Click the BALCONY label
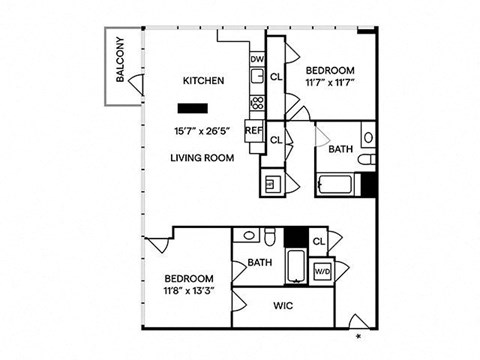click(x=120, y=59)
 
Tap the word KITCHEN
click(x=203, y=81)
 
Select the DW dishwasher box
click(x=257, y=59)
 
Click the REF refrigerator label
click(x=254, y=131)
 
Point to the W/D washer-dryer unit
click(x=322, y=271)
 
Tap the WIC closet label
click(x=283, y=306)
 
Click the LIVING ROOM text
click(x=202, y=158)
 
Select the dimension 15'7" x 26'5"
click(x=203, y=131)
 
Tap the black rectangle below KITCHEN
click(x=193, y=108)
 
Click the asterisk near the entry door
click(x=359, y=336)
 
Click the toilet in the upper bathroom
click(x=367, y=160)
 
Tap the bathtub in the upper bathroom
click(x=335, y=184)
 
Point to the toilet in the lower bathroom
click(x=269, y=237)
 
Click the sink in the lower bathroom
click(x=249, y=235)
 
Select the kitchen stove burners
click(x=257, y=103)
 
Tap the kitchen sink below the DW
click(x=257, y=77)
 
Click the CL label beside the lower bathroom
click(x=319, y=241)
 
